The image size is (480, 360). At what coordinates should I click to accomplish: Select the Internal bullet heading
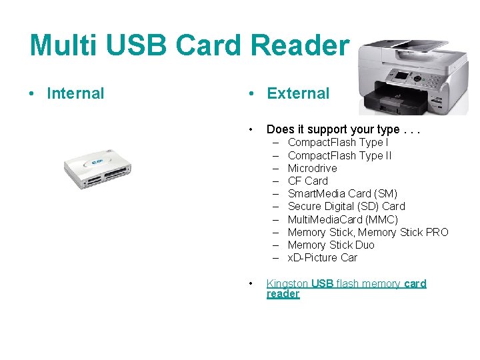click(75, 93)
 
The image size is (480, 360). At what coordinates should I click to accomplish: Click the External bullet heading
click(298, 93)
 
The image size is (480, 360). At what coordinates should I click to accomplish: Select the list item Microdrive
click(312, 168)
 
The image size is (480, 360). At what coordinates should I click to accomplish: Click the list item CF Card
click(307, 181)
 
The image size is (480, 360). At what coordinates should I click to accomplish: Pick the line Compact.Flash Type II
click(339, 155)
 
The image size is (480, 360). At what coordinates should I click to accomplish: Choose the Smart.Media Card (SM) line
click(342, 193)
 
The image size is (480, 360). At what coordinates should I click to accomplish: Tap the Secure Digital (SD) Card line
click(346, 206)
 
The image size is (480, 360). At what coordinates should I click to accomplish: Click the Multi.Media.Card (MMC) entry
click(343, 219)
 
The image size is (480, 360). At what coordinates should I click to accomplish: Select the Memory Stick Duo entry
click(331, 245)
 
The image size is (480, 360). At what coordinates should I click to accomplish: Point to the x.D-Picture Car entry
click(322, 257)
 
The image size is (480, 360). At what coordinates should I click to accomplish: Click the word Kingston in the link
click(287, 283)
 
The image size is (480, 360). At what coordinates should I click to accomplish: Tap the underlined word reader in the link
click(283, 294)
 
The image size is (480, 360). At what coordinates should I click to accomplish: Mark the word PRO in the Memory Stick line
click(437, 232)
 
